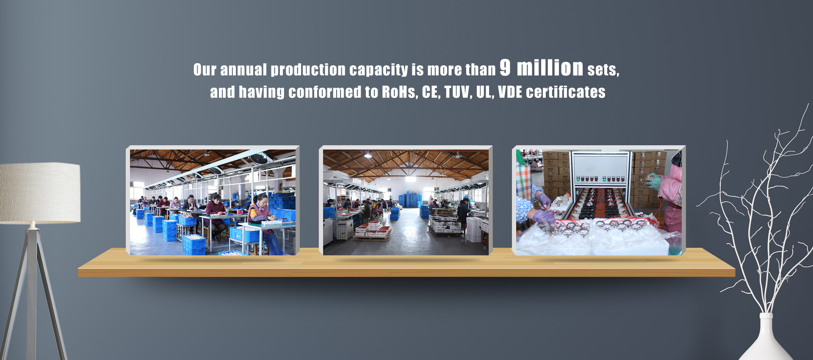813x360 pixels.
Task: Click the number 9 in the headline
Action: [506, 67]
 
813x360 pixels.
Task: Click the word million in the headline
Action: [550, 67]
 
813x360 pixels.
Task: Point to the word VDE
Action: [510, 92]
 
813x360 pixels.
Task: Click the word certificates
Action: [566, 92]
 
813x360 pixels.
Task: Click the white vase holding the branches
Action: [766, 339]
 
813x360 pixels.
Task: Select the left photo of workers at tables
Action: [213, 202]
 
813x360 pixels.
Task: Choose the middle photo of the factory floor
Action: [406, 202]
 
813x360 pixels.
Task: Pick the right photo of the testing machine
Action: [599, 202]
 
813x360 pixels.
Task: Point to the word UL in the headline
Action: [484, 92]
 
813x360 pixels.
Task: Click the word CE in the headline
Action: [430, 92]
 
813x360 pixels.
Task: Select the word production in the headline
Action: [308, 70]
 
